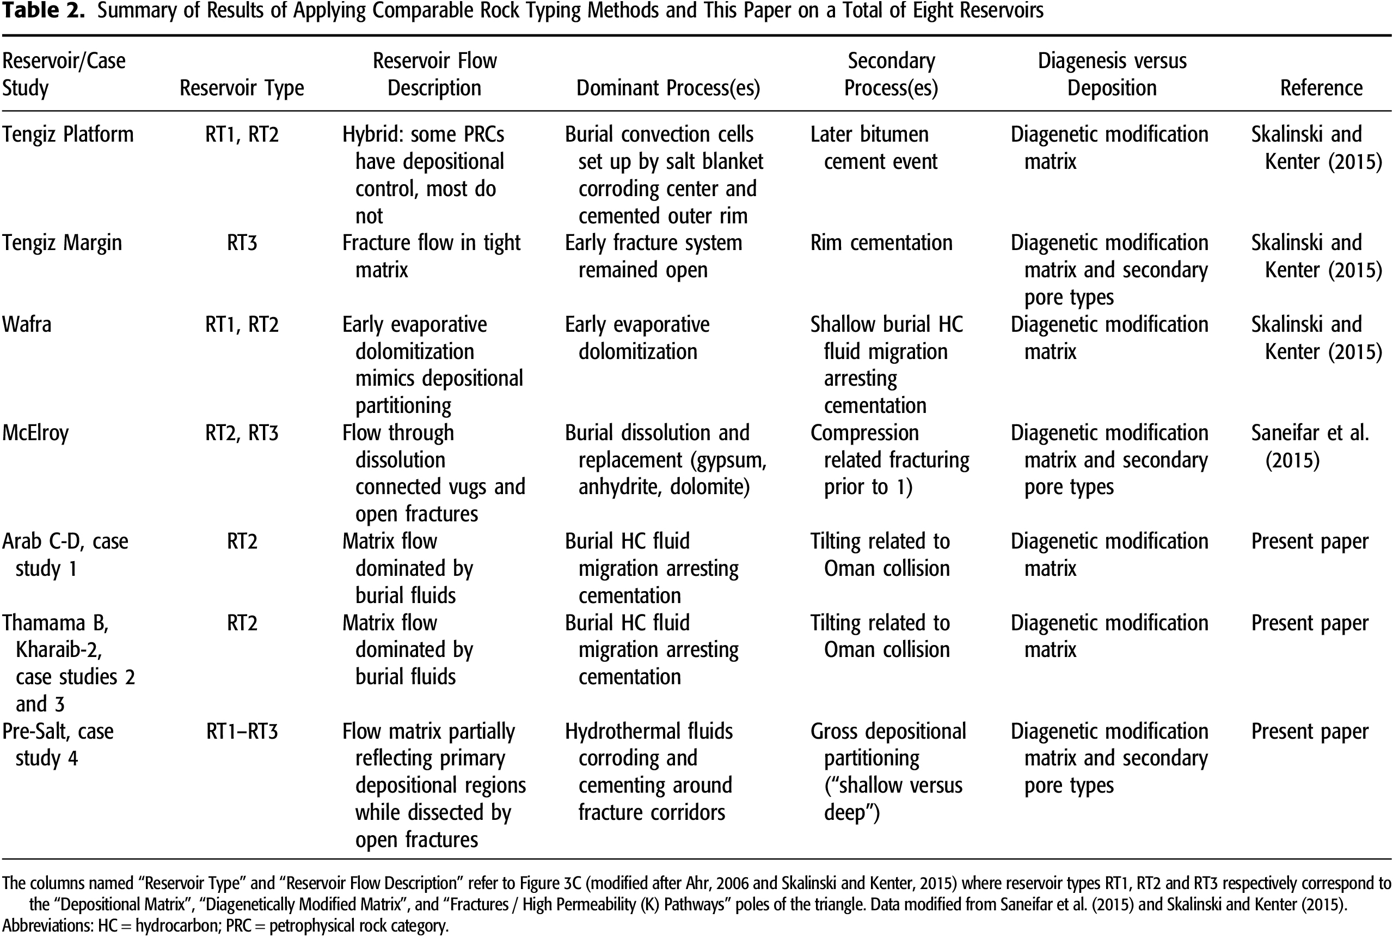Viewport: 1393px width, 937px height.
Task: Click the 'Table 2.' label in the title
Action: [43, 11]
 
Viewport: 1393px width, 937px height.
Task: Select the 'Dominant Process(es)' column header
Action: [667, 88]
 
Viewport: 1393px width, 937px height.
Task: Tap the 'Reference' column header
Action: [1321, 88]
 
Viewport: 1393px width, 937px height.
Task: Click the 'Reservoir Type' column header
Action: [242, 88]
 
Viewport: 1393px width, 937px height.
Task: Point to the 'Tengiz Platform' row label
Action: [67, 135]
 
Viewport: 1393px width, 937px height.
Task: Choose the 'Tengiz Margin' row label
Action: [62, 242]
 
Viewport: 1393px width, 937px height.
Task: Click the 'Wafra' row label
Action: [27, 325]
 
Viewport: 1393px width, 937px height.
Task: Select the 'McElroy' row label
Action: [35, 433]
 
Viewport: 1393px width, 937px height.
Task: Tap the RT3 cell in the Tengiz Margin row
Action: [242, 242]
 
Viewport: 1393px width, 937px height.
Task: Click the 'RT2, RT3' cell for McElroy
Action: [242, 433]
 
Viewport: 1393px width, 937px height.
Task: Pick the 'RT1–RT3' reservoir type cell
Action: [242, 732]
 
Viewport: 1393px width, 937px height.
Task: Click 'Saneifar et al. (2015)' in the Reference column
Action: [1309, 446]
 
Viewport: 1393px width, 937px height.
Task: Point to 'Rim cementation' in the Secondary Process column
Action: [881, 242]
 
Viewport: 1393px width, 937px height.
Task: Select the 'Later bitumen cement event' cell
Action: [874, 148]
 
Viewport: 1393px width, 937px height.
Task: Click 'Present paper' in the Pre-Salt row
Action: [1309, 732]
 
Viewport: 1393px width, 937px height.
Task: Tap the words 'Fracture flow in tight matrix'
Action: [431, 255]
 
